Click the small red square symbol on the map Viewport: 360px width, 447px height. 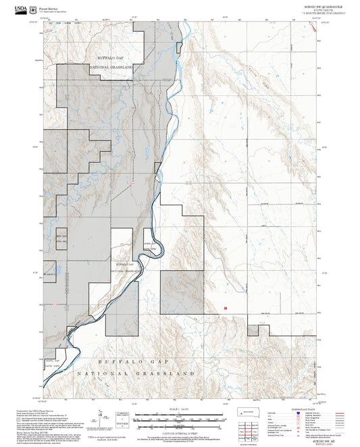click(x=224, y=306)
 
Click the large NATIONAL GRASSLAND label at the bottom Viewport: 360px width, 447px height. click(x=136, y=373)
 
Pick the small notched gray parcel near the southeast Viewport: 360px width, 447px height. click(x=253, y=330)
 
